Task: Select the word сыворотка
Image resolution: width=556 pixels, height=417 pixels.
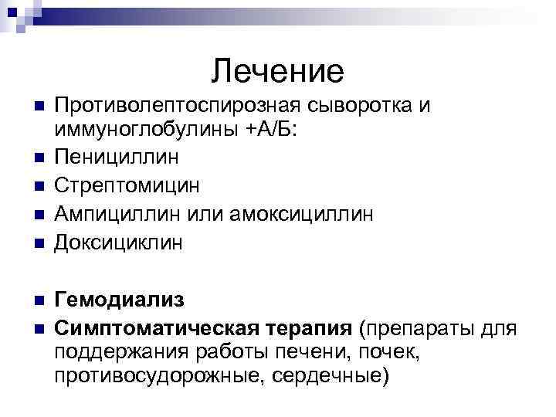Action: tap(353, 104)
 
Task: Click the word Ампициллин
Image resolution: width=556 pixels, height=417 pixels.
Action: tap(120, 214)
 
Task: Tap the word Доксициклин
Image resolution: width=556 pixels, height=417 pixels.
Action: tap(119, 242)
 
